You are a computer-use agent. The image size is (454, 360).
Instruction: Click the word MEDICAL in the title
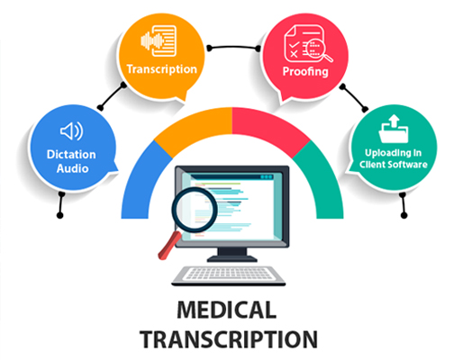(x=227, y=310)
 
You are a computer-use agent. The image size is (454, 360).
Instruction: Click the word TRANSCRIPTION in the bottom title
(x=229, y=339)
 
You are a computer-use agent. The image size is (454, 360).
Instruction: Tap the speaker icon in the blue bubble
(x=72, y=131)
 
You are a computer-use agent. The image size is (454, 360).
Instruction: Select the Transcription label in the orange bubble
(x=162, y=69)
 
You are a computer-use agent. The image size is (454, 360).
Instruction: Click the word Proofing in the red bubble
(x=305, y=72)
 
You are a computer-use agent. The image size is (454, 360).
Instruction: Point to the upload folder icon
(x=394, y=129)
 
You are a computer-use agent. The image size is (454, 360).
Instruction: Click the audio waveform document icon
(x=159, y=41)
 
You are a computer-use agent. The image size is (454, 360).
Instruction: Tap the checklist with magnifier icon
(x=308, y=44)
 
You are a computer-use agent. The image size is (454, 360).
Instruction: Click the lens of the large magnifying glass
(x=195, y=210)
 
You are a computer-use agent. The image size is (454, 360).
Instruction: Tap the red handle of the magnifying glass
(x=169, y=246)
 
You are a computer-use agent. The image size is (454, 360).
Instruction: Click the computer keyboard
(x=229, y=275)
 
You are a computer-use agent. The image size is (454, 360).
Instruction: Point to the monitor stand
(x=232, y=255)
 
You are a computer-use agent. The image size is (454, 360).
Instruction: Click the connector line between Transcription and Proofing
(x=233, y=47)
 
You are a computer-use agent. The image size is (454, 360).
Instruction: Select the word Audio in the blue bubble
(x=73, y=168)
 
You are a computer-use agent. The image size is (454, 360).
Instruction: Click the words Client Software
(x=394, y=165)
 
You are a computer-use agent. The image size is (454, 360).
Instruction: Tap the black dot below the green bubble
(x=404, y=215)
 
